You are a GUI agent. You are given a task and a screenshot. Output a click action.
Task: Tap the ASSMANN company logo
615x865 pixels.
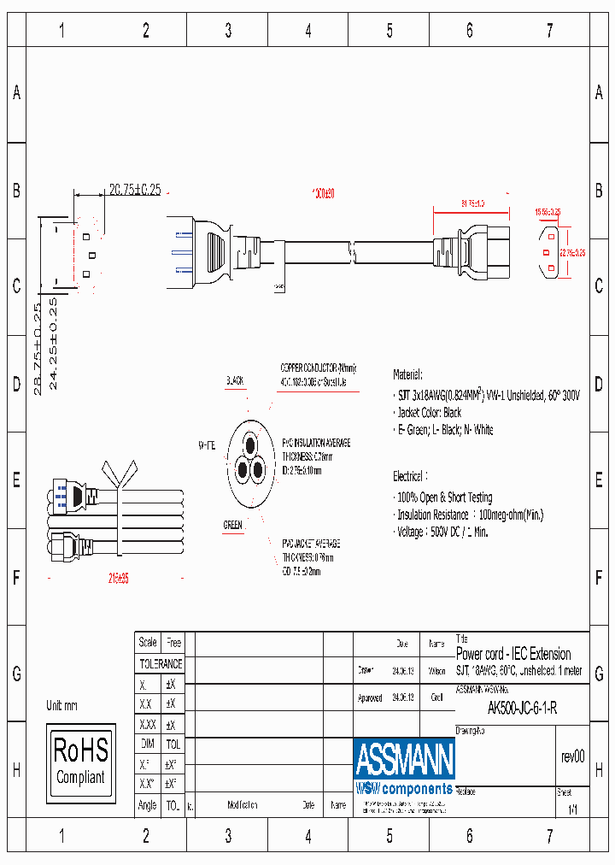coord(404,759)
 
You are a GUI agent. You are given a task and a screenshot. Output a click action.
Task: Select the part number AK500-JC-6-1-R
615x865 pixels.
coord(522,708)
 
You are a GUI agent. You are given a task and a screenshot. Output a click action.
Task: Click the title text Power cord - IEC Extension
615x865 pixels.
coord(513,654)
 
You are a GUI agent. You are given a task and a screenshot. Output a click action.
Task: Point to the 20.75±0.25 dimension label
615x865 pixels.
coord(134,190)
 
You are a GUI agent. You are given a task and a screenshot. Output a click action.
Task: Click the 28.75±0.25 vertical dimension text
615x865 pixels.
coord(37,349)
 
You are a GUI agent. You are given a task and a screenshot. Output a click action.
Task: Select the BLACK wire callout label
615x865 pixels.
coord(235,380)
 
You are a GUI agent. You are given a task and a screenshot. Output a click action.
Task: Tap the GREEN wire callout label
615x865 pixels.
coord(232,525)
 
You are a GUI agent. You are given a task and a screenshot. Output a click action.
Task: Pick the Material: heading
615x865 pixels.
coord(407,374)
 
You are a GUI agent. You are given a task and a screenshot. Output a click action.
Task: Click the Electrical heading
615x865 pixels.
coord(410,476)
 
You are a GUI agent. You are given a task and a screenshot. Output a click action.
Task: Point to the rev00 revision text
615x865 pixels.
coord(572,756)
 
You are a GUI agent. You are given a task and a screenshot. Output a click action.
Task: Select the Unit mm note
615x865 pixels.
coord(62,706)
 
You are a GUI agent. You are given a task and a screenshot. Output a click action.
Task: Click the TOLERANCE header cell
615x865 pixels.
coord(161,663)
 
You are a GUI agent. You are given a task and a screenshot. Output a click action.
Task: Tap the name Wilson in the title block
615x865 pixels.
coord(436,671)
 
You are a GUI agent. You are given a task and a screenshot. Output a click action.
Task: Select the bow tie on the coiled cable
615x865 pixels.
coord(118,473)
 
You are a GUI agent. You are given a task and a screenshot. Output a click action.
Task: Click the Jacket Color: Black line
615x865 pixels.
coord(429,413)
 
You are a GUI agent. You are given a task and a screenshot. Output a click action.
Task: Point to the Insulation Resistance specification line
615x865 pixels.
coord(470,515)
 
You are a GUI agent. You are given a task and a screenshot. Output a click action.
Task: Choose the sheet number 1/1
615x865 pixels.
coord(571,808)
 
